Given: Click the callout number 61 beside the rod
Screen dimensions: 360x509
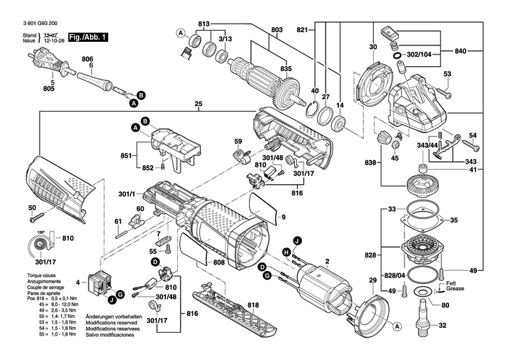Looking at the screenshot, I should pyautogui.click(x=119, y=221).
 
